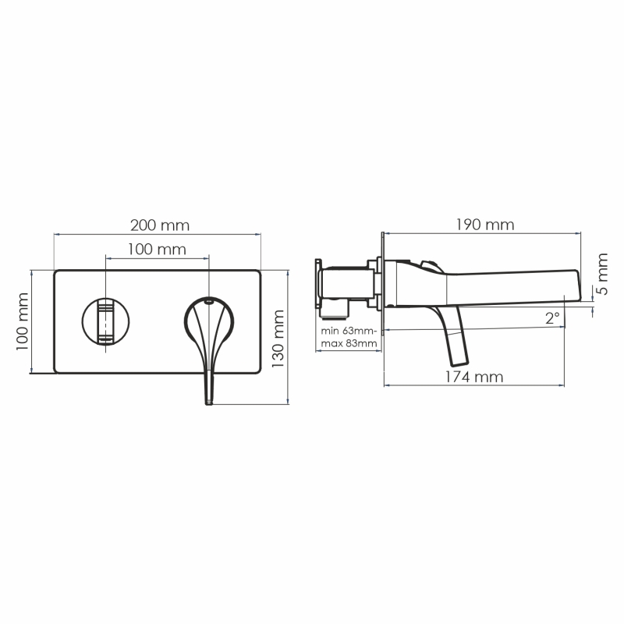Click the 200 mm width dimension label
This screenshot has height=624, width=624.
pyautogui.click(x=160, y=225)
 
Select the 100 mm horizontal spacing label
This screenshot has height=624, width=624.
pyautogui.click(x=157, y=250)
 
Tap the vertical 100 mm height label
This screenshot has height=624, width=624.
pyautogui.click(x=23, y=321)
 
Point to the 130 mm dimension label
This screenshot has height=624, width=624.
pyautogui.click(x=278, y=339)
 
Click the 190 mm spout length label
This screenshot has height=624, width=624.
pyautogui.click(x=484, y=225)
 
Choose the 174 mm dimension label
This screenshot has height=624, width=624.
pyautogui.click(x=474, y=377)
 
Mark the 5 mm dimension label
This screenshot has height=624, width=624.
pyautogui.click(x=603, y=274)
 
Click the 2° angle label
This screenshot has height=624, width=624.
pyautogui.click(x=552, y=318)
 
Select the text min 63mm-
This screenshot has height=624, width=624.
pyautogui.click(x=349, y=331)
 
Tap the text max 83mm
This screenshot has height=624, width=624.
pyautogui.click(x=349, y=343)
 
